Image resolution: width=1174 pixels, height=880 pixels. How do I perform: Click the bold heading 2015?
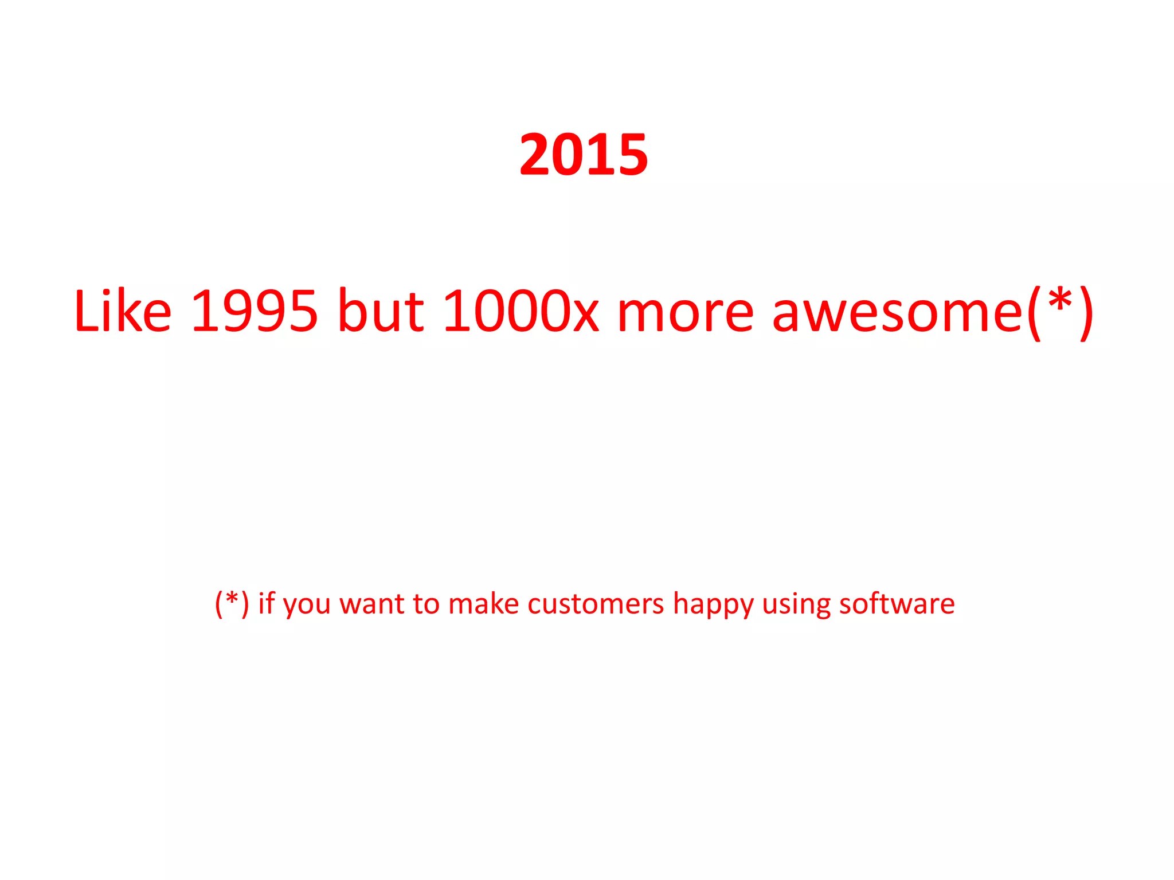pos(584,155)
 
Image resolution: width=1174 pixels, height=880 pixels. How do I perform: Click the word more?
pos(686,312)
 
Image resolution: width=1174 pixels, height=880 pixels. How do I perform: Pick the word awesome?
pos(898,312)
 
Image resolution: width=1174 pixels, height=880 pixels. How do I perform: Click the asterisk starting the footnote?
pos(232,599)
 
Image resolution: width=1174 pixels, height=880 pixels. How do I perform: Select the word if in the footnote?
pos(267,603)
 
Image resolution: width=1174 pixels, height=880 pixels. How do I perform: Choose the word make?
pos(483,603)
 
